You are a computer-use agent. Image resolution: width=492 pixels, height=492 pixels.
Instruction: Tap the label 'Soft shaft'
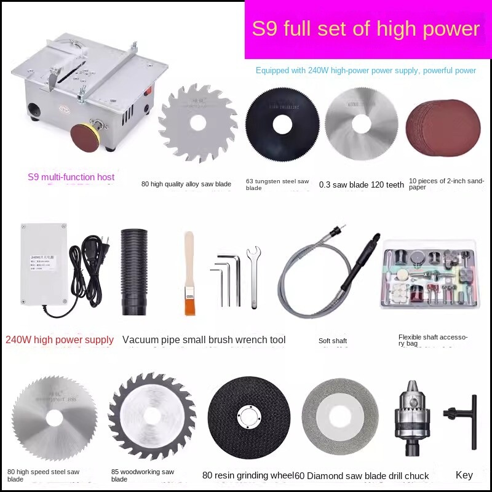(333, 341)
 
